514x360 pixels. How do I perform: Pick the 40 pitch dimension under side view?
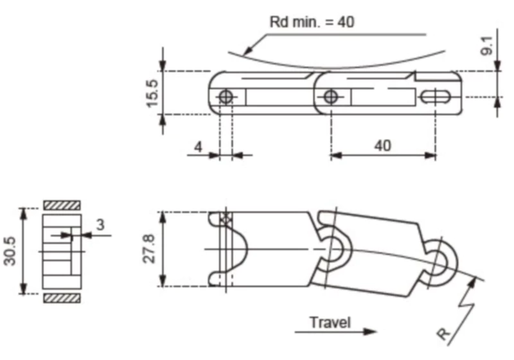(x=382, y=146)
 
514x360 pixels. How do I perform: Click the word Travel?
(x=330, y=321)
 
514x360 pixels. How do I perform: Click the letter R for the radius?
(x=443, y=334)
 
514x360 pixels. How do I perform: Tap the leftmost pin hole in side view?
(x=226, y=97)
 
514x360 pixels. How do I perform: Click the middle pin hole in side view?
(x=330, y=97)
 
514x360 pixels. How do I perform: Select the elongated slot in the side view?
(x=436, y=97)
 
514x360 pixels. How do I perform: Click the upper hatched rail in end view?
(x=62, y=205)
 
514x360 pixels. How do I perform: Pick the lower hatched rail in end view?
(x=62, y=298)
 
